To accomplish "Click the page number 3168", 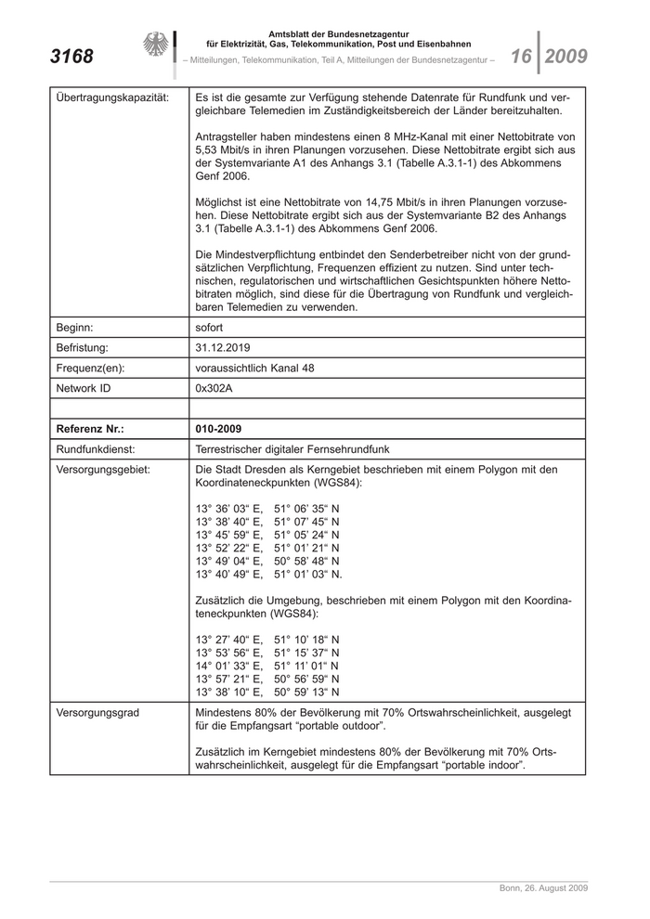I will [x=71, y=57].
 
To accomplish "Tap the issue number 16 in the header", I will [x=520, y=57].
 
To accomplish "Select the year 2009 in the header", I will [x=566, y=57].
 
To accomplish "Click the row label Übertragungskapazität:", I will [x=112, y=97].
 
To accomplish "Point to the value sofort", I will [x=211, y=328].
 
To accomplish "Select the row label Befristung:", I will [x=83, y=348].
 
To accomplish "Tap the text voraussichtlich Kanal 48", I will [x=254, y=369].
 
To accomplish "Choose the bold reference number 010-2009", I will [x=219, y=429].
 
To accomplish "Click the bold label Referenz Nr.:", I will [x=90, y=429].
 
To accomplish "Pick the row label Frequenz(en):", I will [x=90, y=369].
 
